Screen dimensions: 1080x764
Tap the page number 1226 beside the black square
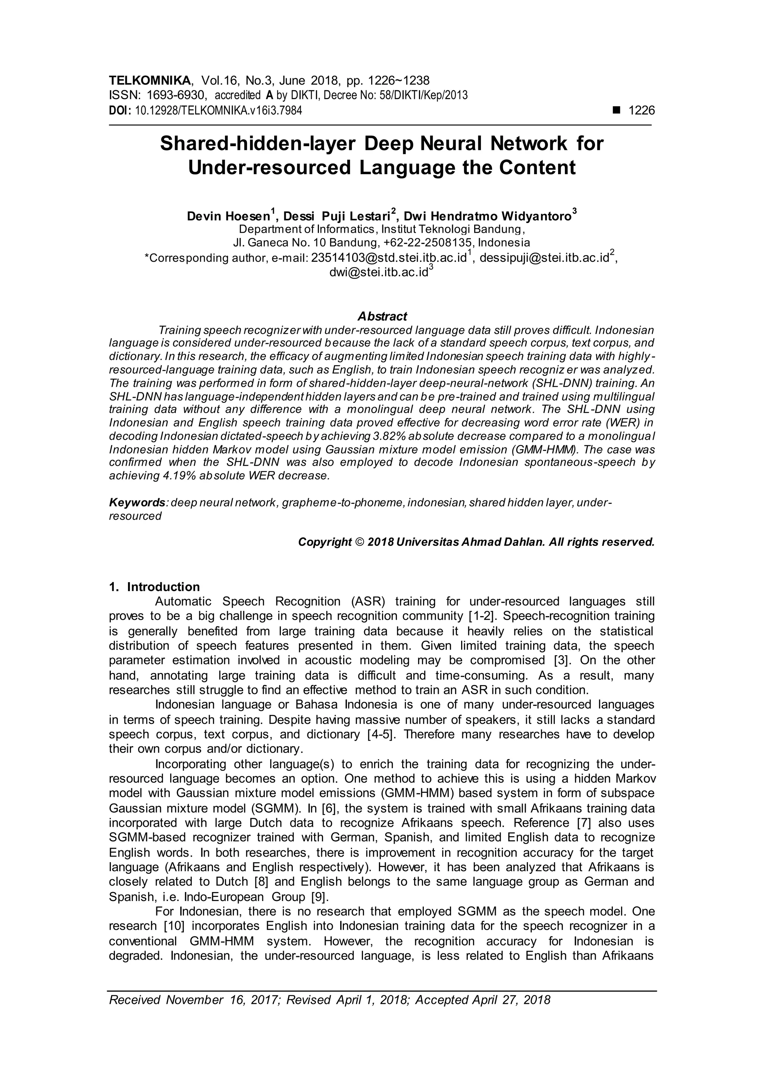[x=641, y=110]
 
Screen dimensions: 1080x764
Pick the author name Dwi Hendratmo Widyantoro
[x=488, y=216]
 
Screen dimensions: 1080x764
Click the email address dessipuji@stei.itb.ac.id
[x=544, y=258]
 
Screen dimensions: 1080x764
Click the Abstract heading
[x=382, y=316]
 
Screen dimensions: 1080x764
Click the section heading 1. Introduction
[x=154, y=587]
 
